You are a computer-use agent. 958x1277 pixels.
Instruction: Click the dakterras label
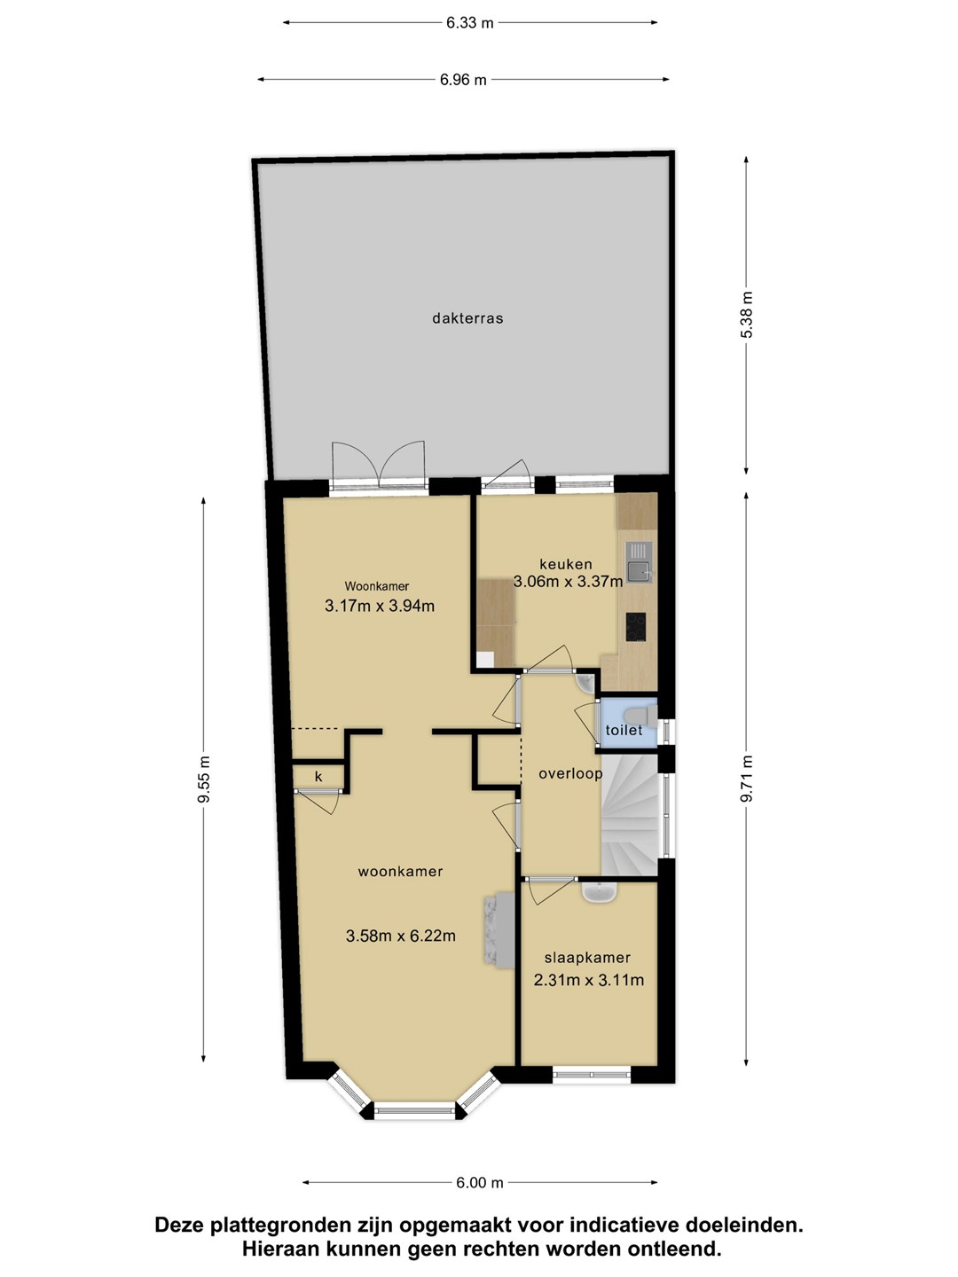[467, 318]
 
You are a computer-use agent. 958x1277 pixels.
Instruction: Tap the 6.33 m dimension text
[469, 23]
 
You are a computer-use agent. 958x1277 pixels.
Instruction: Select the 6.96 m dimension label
[463, 80]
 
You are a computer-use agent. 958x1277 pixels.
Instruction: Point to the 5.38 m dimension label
[747, 314]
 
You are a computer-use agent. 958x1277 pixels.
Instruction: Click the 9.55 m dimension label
[204, 779]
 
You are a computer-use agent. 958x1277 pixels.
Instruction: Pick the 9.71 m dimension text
[747, 779]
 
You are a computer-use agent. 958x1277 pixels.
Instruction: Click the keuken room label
[566, 563]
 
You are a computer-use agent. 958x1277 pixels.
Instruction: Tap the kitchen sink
[640, 562]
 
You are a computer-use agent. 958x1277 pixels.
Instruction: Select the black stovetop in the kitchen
[636, 627]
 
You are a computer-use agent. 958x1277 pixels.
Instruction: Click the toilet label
[624, 730]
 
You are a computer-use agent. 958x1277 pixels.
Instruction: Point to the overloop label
[570, 773]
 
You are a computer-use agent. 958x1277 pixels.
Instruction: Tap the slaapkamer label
[587, 958]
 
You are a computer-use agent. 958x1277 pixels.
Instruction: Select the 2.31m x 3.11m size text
[589, 980]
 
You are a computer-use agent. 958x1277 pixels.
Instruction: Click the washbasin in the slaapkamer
[599, 893]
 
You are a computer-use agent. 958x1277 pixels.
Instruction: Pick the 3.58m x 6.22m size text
[401, 936]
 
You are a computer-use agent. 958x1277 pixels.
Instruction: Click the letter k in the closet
[318, 777]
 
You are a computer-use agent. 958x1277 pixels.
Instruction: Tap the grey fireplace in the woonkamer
[498, 930]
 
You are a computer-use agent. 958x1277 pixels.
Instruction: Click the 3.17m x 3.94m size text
[380, 606]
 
